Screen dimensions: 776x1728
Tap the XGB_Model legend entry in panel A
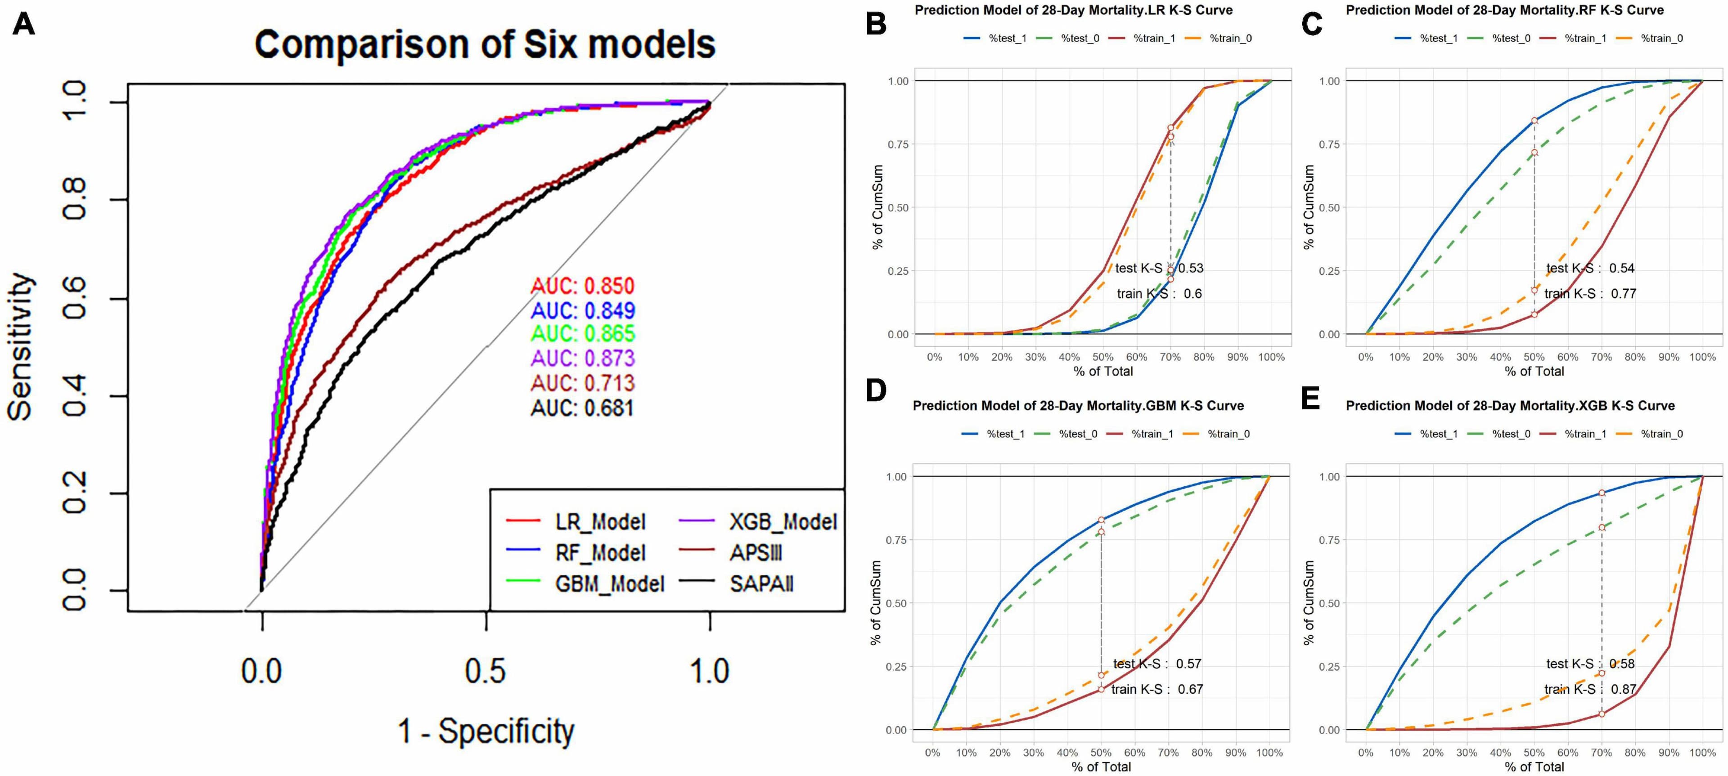coord(782,522)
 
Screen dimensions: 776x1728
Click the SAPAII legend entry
coord(760,583)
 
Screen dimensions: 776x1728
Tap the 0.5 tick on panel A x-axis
coord(485,671)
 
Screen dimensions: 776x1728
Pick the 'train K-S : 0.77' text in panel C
coord(1590,294)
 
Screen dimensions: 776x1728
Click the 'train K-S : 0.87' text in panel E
coord(1590,689)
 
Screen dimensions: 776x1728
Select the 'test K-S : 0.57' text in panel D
coord(1157,664)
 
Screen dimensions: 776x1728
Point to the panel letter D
coord(876,391)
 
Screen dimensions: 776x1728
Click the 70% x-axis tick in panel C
coord(1601,357)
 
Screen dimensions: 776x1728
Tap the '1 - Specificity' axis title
coord(486,731)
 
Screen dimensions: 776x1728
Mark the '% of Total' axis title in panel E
coord(1534,767)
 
